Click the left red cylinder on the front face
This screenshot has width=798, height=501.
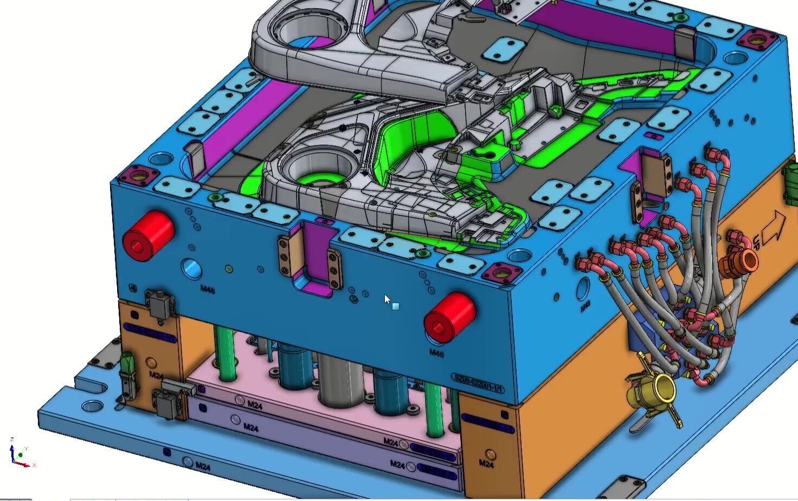(x=147, y=236)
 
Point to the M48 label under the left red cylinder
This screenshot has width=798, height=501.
(x=208, y=290)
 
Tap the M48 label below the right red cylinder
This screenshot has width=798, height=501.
(x=436, y=354)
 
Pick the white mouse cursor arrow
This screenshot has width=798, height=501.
(x=387, y=299)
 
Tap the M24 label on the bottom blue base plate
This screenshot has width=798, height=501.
(x=202, y=466)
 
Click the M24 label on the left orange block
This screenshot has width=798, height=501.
(x=156, y=375)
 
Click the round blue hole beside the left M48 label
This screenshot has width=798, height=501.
(x=191, y=268)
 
